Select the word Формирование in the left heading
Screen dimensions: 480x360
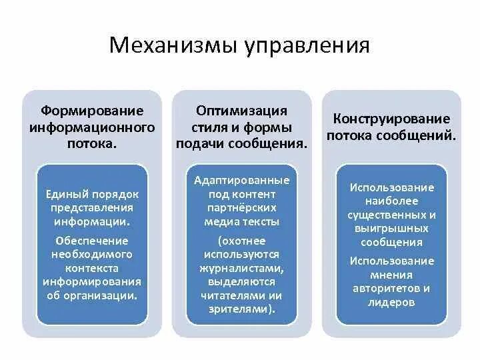[x=92, y=109]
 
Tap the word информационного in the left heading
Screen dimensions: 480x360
[x=92, y=126]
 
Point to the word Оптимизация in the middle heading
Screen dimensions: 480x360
[x=241, y=109]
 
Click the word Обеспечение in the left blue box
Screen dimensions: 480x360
[x=92, y=241]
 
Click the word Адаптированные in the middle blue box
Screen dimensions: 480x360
[x=242, y=181]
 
